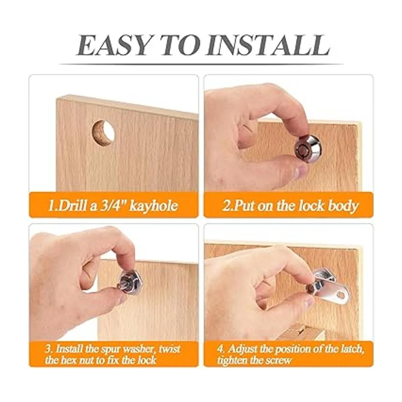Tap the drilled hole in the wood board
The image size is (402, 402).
(x=103, y=132)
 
